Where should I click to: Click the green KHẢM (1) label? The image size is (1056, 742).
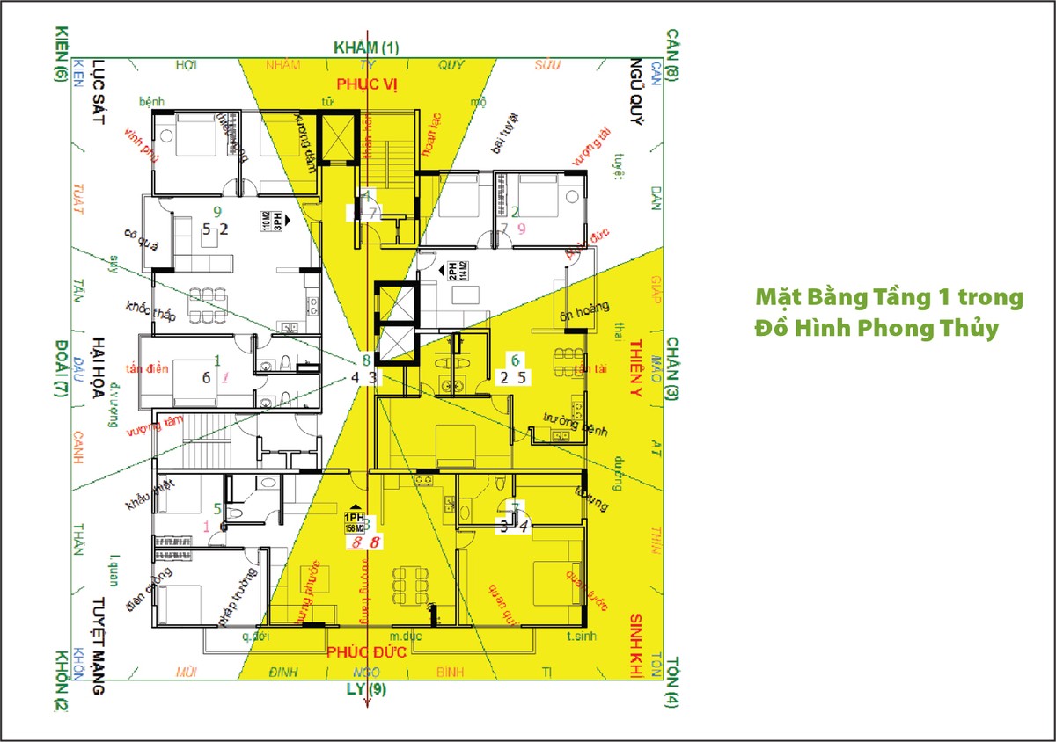(x=366, y=47)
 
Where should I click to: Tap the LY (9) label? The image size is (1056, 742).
(x=367, y=688)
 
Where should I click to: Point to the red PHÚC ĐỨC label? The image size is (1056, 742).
(x=366, y=652)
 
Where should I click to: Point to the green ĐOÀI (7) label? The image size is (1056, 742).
(x=61, y=367)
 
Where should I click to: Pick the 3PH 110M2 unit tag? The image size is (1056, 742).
(x=271, y=220)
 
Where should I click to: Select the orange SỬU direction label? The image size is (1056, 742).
(x=548, y=64)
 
